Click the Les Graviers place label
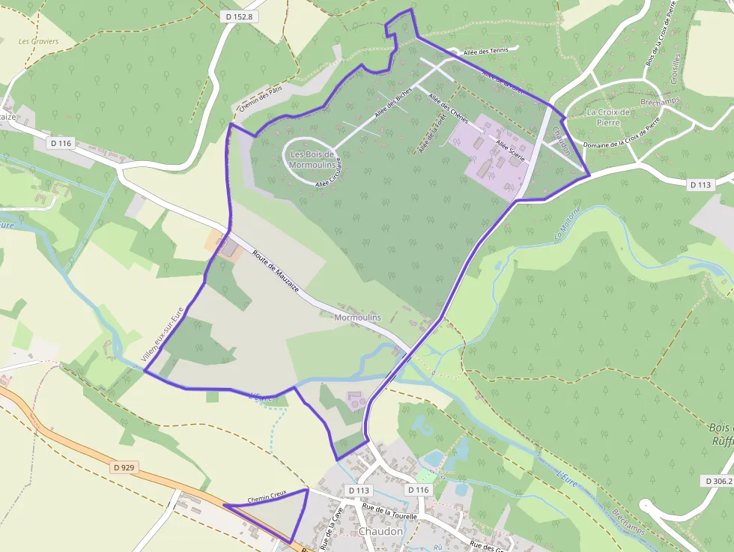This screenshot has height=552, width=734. pyautogui.click(x=38, y=41)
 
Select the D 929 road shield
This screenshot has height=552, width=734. pyautogui.click(x=125, y=467)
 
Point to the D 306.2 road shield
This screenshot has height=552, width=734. pyautogui.click(x=718, y=481)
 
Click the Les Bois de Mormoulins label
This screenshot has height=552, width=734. pyautogui.click(x=312, y=159)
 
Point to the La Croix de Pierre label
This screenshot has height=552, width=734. pyautogui.click(x=609, y=117)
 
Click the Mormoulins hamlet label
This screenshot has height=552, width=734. pyautogui.click(x=357, y=318)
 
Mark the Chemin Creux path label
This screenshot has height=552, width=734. pyautogui.click(x=267, y=496)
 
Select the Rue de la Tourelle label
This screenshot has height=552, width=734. pyautogui.click(x=389, y=507)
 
